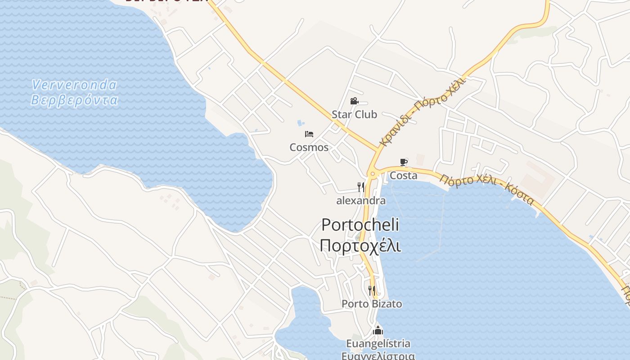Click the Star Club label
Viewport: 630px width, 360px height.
coord(354,114)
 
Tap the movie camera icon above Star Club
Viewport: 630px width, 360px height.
coord(354,101)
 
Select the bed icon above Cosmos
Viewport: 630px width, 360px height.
coord(309,134)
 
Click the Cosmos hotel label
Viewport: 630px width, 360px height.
coord(309,147)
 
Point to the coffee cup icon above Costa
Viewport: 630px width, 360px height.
coord(404,162)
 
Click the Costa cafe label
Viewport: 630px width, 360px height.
coord(403,175)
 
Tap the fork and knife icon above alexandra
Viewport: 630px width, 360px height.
coord(361,187)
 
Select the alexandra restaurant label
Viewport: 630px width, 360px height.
coord(361,201)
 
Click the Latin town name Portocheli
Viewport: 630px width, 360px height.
coord(360,225)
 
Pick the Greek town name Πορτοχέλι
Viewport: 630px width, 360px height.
coord(360,246)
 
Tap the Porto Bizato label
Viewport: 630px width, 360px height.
coord(372,304)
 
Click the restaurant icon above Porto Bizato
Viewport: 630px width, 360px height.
coord(372,291)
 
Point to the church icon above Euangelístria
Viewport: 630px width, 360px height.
coord(378,331)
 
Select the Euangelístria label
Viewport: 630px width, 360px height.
coord(378,344)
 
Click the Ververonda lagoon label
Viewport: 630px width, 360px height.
coord(74,85)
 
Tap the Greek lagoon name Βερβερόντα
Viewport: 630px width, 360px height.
coord(74,100)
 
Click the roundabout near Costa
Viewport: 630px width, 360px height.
coord(372,174)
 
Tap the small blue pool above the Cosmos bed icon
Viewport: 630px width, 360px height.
coord(301,123)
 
